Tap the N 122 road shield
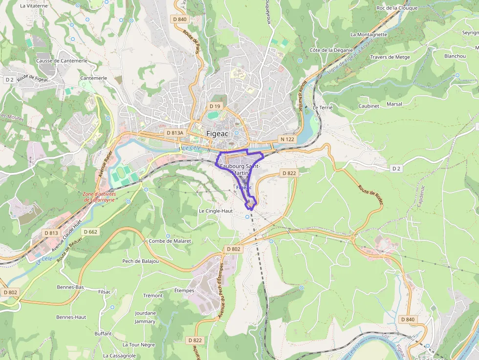coord(287,139)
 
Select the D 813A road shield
coord(174,133)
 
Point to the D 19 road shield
coord(215,106)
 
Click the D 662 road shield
coord(91,232)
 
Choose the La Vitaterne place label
coord(34,6)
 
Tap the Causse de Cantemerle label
coord(62,61)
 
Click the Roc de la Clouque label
coord(397,8)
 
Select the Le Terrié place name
coord(323,107)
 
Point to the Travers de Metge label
coord(390,57)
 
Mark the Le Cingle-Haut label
coord(216,211)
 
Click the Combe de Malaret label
coord(170,241)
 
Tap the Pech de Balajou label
coord(140,261)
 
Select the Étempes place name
coord(184,291)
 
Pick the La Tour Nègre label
coord(138,344)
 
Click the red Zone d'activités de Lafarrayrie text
coord(99,196)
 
